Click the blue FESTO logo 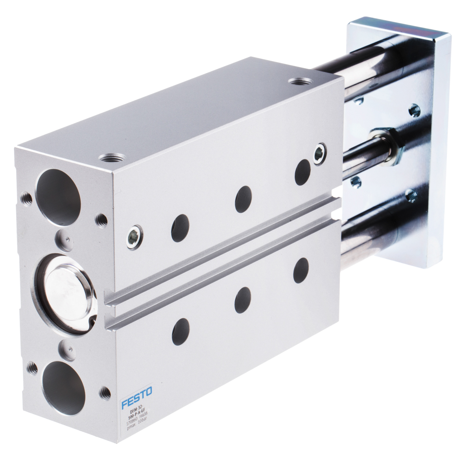(137, 402)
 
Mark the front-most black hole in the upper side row (180, 228)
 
